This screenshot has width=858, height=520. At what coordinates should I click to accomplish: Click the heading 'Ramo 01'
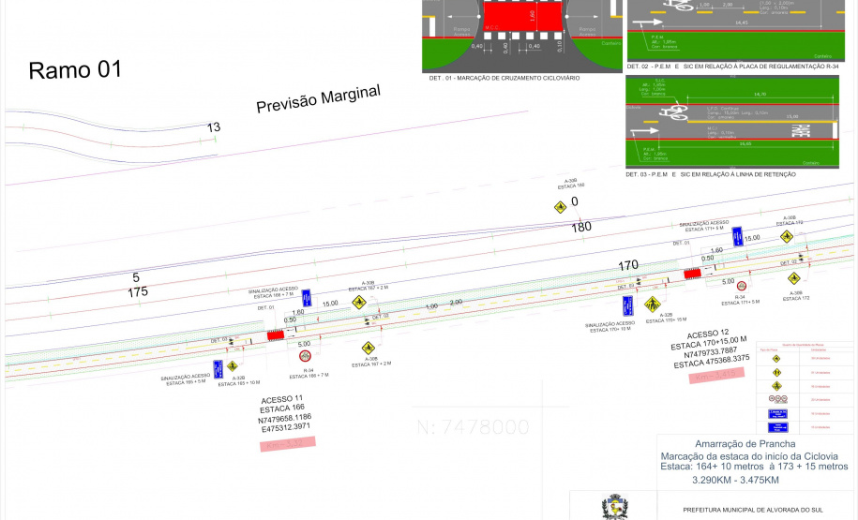point(75,70)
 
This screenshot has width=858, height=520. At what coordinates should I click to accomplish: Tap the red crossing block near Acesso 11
point(277,334)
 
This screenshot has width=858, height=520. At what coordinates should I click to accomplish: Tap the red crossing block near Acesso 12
point(693,274)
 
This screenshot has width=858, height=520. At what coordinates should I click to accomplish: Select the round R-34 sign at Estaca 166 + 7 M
point(305,356)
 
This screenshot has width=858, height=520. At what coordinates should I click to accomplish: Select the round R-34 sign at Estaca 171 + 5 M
point(741,286)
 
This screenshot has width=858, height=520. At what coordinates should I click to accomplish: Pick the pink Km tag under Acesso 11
point(286,440)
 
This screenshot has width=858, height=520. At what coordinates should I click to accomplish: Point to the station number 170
point(628,265)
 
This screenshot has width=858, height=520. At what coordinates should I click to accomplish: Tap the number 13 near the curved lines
point(214,127)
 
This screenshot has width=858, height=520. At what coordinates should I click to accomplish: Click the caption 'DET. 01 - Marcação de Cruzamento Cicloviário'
point(504,78)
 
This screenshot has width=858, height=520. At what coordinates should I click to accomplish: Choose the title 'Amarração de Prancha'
point(745,443)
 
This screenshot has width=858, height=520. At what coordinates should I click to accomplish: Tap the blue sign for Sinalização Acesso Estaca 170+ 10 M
point(626,305)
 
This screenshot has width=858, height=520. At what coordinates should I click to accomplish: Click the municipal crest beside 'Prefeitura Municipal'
point(614,507)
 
